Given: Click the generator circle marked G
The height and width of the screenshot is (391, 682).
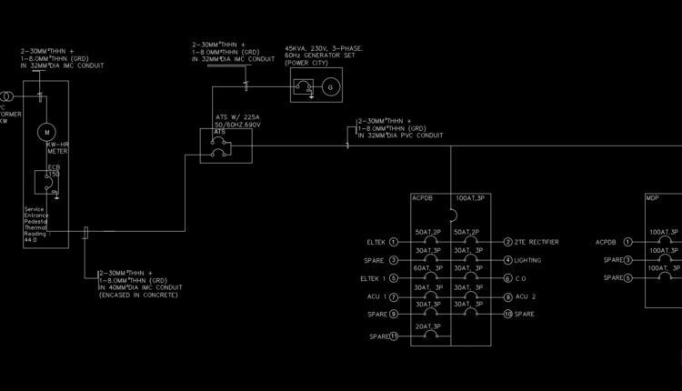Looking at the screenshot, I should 329,87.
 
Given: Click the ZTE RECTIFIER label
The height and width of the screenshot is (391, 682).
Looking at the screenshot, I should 537,242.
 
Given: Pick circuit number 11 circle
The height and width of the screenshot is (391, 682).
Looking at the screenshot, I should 394,336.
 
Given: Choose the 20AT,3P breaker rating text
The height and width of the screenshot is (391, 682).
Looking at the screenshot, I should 428,326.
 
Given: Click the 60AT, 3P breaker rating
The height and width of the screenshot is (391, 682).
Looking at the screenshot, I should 428,269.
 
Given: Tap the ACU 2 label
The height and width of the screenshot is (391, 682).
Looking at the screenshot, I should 525,297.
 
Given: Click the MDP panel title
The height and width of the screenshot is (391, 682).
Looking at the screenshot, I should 652,197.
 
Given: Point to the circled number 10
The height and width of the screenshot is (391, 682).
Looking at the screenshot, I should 506,315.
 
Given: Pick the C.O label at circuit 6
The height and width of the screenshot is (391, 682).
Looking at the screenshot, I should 520,278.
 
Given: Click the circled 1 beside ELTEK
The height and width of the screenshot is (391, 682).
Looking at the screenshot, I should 394,242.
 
